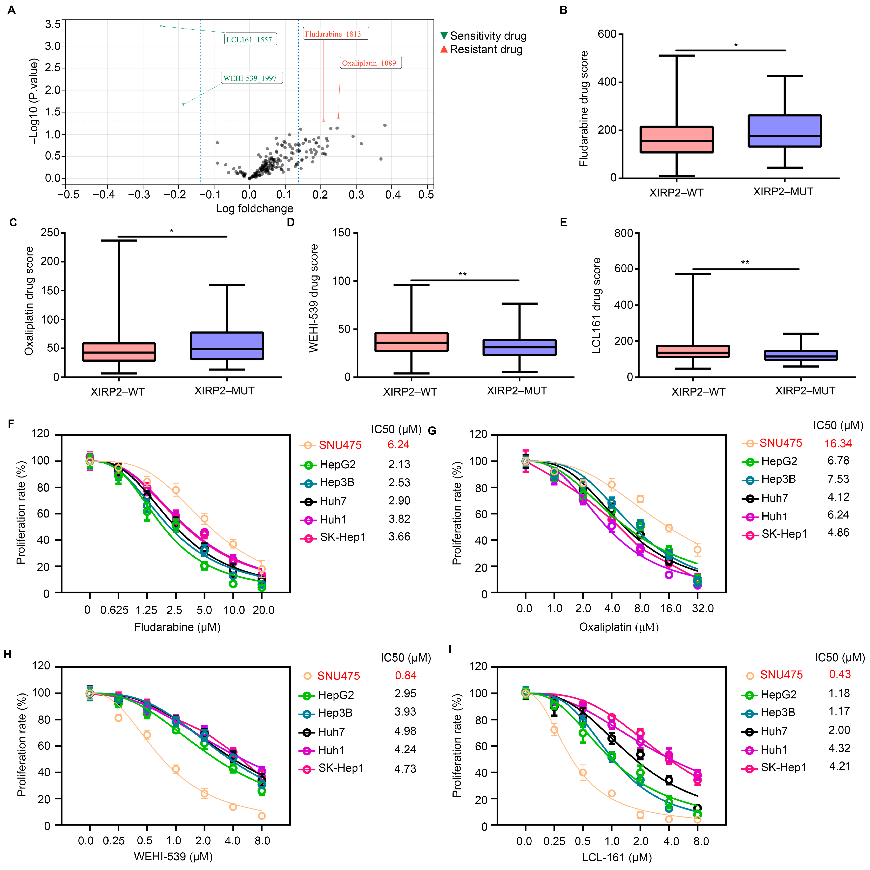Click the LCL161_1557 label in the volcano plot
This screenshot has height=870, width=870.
(250, 40)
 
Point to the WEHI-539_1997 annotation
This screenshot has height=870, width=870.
(252, 78)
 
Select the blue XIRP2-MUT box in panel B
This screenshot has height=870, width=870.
(784, 131)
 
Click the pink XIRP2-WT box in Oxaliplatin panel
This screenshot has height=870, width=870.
(119, 352)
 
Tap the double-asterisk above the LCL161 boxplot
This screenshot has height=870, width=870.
(745, 263)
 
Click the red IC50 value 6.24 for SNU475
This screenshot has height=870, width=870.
(399, 445)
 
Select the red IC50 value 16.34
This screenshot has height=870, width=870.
(838, 444)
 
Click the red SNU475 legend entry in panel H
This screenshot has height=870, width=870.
(338, 676)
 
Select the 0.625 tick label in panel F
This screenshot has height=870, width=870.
(114, 610)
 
